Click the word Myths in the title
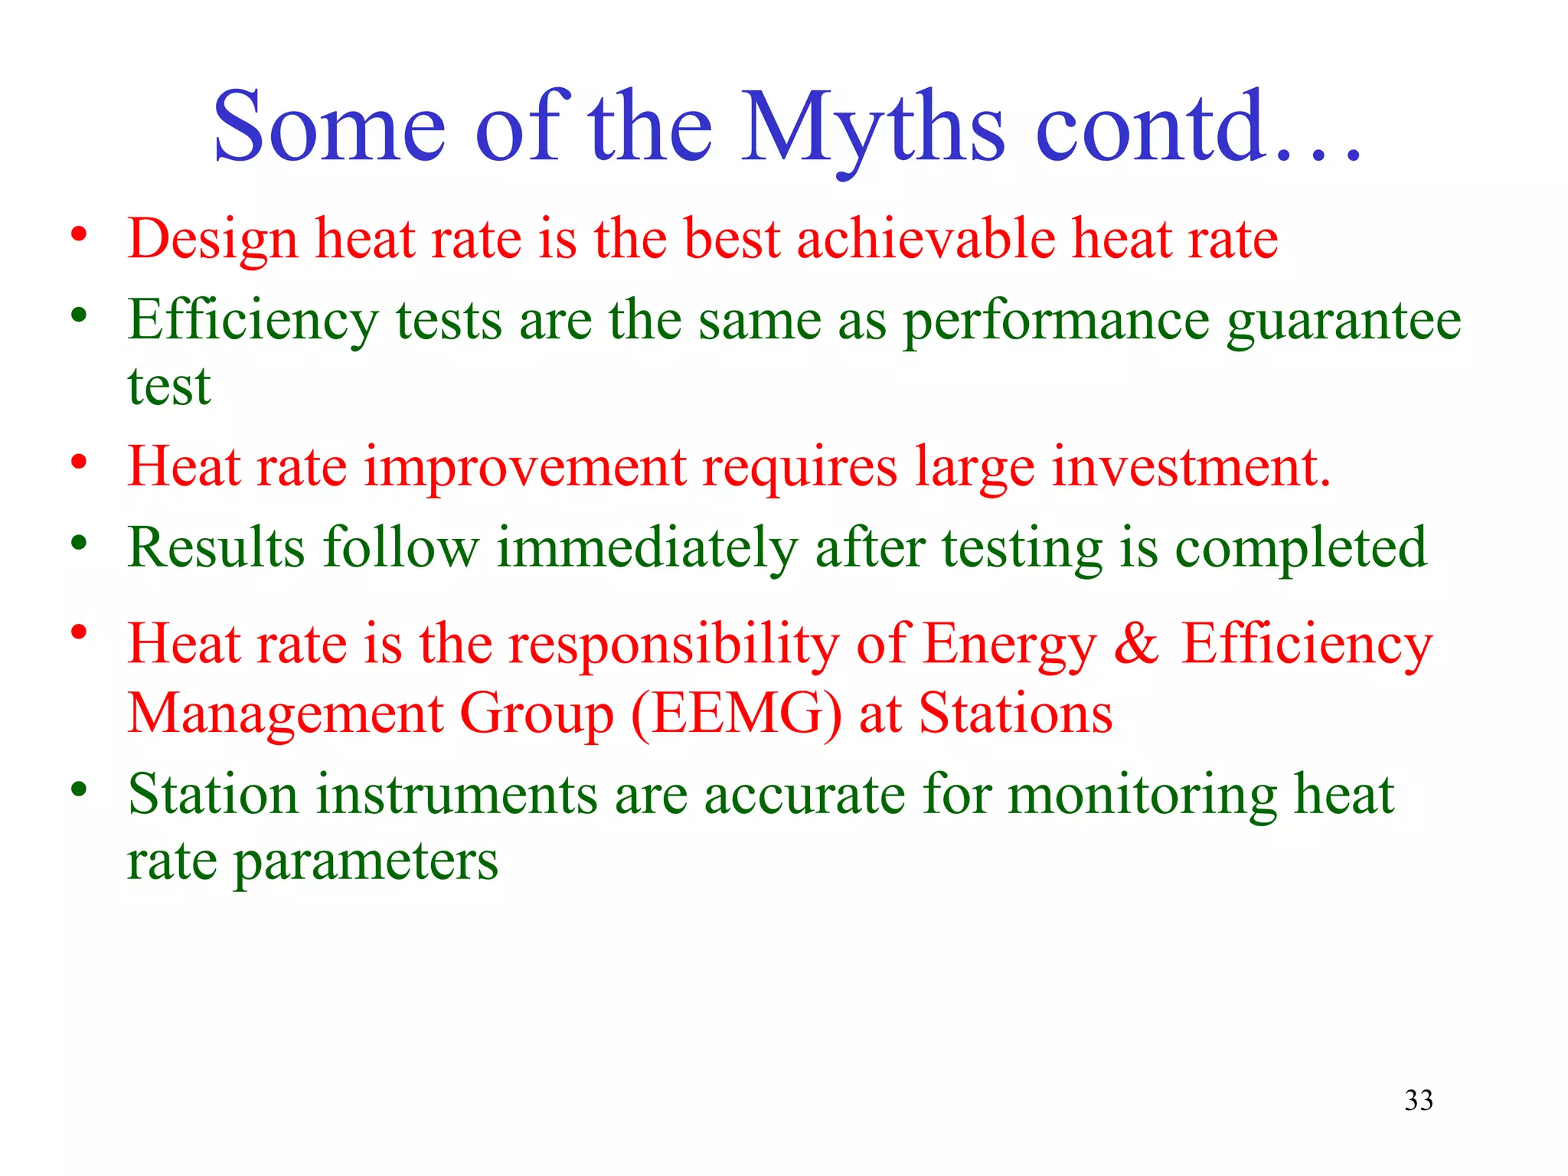(873, 129)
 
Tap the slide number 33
(1419, 1100)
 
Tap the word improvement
(524, 468)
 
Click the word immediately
(647, 549)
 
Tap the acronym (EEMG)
(737, 714)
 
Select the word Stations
(1015, 714)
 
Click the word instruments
(456, 794)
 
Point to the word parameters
(365, 863)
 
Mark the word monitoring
(1142, 795)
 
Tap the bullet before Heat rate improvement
(79, 462)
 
